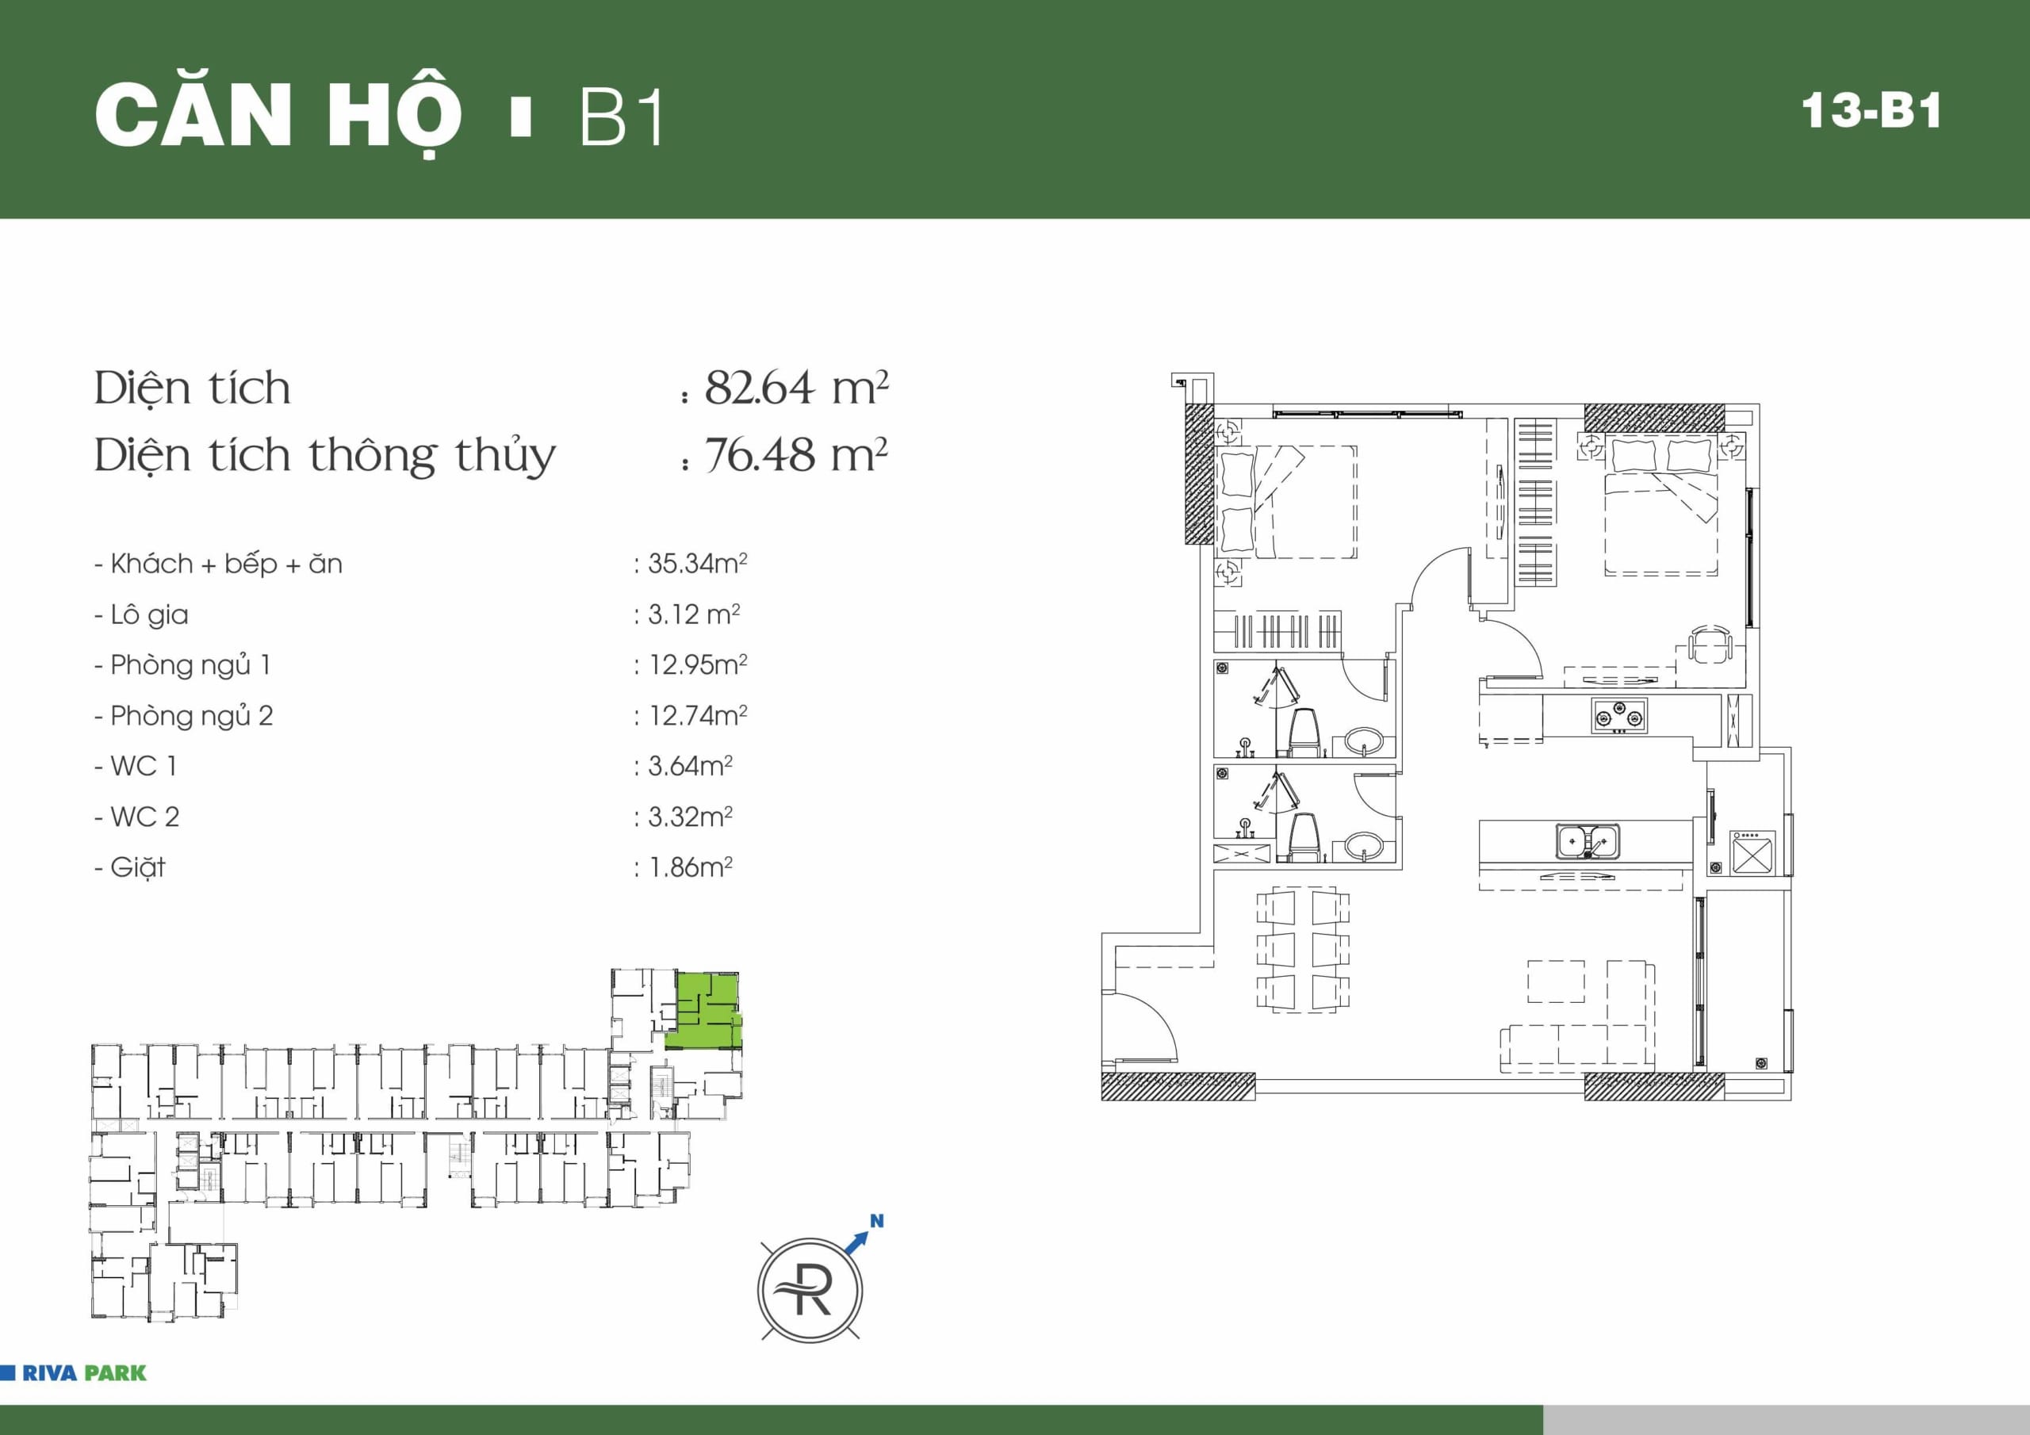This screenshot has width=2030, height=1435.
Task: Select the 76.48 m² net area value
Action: point(795,455)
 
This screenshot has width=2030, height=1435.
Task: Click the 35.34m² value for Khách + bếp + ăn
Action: point(698,563)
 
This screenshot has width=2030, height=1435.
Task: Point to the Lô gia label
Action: point(149,614)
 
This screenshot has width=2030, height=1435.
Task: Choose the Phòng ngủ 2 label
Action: point(191,715)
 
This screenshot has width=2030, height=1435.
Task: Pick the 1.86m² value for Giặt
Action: point(691,867)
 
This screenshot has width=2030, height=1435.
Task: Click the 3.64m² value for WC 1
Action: point(691,766)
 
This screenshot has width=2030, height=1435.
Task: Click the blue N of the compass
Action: point(876,1221)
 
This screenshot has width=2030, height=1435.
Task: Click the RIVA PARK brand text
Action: point(84,1373)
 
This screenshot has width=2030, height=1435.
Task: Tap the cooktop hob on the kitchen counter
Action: point(1620,715)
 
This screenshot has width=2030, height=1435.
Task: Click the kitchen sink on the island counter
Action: point(1588,841)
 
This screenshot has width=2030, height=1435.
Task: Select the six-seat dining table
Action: point(1303,949)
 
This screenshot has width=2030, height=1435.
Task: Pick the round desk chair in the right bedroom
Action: point(1710,644)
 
